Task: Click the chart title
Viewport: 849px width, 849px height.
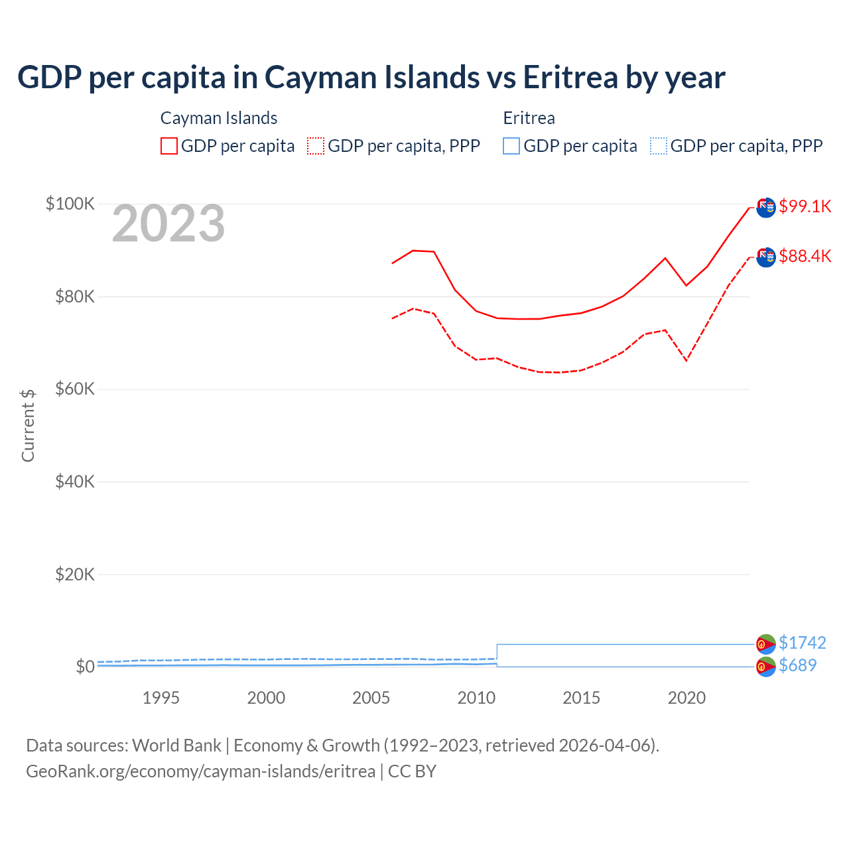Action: pos(371,77)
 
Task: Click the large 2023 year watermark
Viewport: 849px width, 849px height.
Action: pos(168,224)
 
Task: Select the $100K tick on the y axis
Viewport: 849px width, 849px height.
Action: pos(70,204)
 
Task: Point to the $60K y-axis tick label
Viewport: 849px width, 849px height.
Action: pos(74,389)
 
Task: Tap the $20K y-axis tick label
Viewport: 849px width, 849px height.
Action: pos(74,574)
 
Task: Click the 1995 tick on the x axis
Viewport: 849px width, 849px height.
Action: pos(161,698)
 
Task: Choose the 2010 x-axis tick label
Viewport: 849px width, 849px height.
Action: pos(476,698)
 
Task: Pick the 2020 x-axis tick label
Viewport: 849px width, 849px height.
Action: pos(686,698)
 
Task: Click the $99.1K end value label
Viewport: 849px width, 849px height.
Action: pos(805,206)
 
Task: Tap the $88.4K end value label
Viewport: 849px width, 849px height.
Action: pos(805,256)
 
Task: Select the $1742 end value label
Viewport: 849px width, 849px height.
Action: pos(802,643)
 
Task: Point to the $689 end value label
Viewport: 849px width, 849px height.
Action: pos(797,665)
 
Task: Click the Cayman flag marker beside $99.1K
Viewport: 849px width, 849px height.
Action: pos(766,208)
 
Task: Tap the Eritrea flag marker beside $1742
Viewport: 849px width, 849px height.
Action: pos(766,643)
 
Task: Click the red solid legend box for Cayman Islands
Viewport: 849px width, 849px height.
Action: pos(169,146)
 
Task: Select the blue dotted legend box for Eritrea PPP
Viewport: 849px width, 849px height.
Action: pos(658,146)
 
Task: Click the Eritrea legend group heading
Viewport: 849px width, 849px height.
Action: pos(529,118)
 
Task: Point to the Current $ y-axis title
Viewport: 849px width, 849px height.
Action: pos(28,425)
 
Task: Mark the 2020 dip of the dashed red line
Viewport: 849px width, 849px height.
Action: pos(686,360)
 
